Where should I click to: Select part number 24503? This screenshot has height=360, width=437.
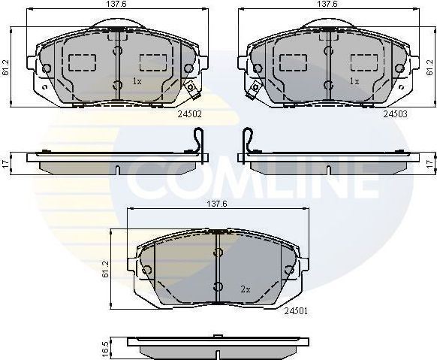tap(395, 114)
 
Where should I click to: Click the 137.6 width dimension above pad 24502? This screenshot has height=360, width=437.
tap(115, 5)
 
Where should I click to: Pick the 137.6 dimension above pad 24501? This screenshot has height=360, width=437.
tap(216, 204)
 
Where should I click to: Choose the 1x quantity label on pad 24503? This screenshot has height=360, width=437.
tap(354, 80)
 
